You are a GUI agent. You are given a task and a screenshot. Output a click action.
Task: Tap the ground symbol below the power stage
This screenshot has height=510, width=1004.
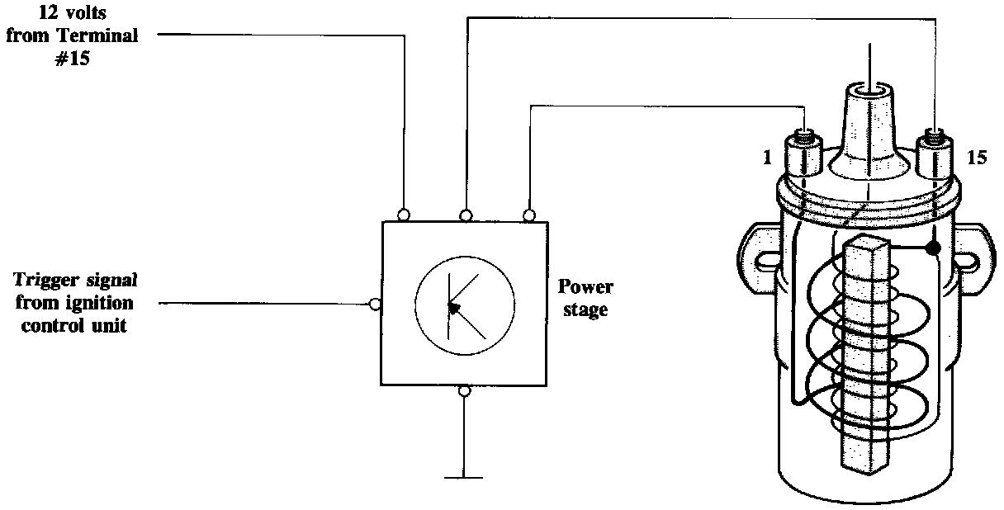(465, 477)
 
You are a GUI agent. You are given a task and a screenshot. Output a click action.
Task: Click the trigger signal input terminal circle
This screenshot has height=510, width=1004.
(376, 304)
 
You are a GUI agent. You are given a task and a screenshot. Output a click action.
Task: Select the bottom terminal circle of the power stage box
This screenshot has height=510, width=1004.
(465, 390)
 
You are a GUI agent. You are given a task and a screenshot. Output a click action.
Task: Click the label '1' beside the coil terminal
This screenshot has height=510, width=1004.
(768, 157)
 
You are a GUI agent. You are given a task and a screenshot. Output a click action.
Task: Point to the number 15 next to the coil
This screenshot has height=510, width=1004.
(976, 157)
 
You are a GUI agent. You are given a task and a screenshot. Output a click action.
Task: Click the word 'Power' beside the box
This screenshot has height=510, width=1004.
(585, 287)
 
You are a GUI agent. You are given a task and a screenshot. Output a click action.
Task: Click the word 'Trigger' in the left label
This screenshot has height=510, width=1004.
(50, 279)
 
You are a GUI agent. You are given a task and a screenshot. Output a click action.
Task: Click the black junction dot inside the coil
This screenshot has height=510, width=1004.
(934, 248)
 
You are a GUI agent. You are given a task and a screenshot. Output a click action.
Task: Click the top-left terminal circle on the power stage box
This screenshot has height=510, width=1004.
(405, 215)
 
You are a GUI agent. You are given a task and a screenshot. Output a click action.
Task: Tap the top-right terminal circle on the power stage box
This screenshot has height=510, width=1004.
(528, 215)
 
